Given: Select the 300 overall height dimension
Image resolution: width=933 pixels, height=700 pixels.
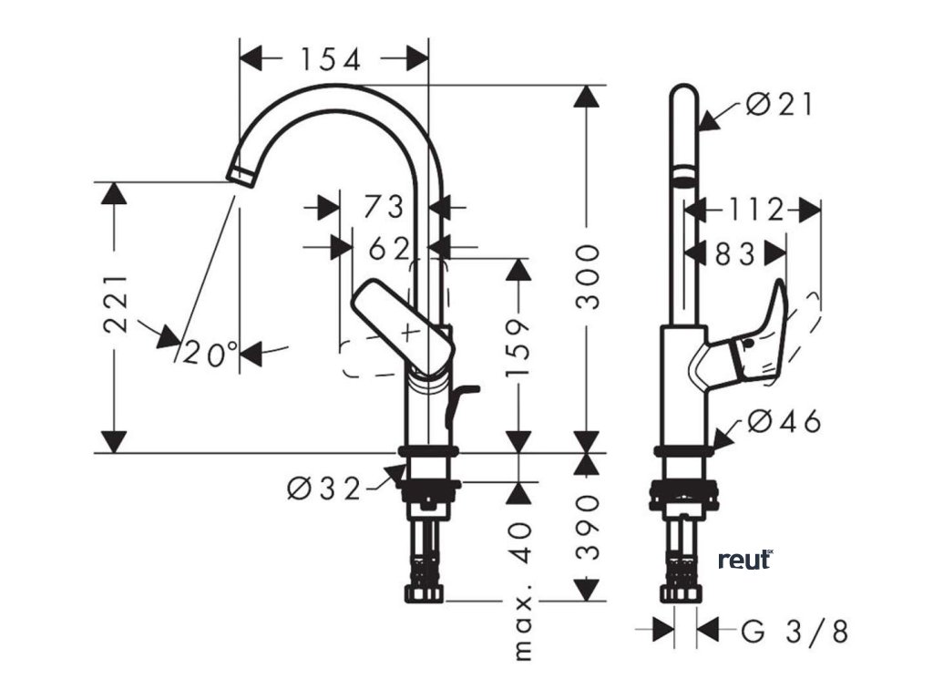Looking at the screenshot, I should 590,276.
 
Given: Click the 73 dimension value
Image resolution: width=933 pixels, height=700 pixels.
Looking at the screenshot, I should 383,208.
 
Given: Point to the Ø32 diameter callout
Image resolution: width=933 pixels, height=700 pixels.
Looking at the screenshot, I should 324,489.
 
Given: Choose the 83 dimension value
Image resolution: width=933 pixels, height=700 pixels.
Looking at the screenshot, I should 735,254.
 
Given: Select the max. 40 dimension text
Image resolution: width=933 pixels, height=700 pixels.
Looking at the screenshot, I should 522,583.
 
